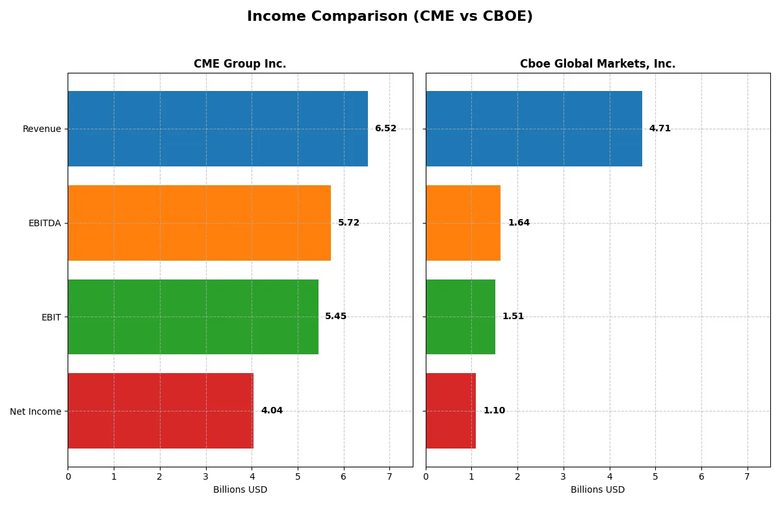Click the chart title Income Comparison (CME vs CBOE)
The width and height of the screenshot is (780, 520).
click(389, 17)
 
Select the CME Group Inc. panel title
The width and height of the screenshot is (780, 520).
click(240, 64)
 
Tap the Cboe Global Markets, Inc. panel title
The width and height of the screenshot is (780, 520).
click(597, 64)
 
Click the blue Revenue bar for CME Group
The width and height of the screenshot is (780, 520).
click(218, 129)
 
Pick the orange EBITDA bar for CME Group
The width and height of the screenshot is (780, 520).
click(199, 223)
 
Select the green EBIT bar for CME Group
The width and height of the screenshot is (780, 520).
click(193, 317)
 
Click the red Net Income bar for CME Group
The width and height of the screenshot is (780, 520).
click(161, 411)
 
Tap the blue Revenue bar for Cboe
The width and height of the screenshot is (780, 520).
click(534, 129)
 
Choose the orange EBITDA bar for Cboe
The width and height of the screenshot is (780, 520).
click(463, 223)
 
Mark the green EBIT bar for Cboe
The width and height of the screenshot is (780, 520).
click(460, 317)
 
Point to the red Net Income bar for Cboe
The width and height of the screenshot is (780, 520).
click(450, 411)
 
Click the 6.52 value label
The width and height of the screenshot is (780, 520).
click(385, 129)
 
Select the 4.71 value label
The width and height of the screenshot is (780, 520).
click(660, 129)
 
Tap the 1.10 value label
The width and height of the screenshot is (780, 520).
click(494, 411)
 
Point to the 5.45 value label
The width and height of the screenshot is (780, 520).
click(336, 317)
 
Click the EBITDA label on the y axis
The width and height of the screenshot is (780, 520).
click(44, 223)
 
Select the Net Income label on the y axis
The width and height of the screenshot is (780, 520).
click(35, 411)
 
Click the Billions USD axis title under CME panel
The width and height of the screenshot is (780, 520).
click(240, 490)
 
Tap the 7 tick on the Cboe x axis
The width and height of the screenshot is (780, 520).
click(747, 476)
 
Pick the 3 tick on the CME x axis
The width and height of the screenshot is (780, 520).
click(206, 476)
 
